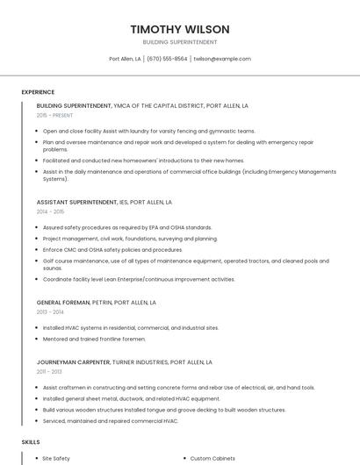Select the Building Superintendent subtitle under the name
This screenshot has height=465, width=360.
coord(179,42)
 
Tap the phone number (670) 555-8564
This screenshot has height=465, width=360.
coord(167,59)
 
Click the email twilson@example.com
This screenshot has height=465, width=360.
coord(222,59)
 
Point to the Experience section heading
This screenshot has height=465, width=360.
coord(38,92)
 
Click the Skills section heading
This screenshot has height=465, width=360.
coord(31,442)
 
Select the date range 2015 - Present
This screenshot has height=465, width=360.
coord(54,115)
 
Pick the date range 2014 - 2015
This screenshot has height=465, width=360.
coord(50,211)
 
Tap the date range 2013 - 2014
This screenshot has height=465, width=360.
coord(50,311)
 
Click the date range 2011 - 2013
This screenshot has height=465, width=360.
coord(49,371)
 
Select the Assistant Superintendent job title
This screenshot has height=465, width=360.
coord(76,202)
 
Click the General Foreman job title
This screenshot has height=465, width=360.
coord(62,302)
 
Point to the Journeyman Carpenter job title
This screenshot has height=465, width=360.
coord(73,361)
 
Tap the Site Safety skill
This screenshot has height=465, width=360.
coord(56,458)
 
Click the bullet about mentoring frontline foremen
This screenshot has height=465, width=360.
coord(94,339)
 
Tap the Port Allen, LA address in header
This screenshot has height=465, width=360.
coord(125,59)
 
